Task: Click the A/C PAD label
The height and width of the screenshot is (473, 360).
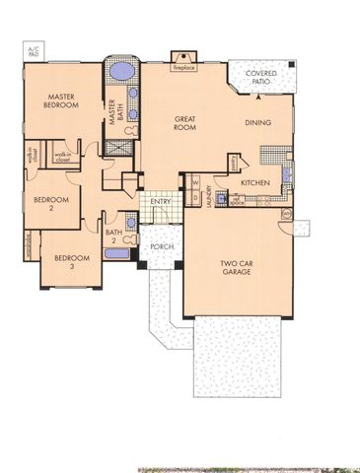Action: click(33, 50)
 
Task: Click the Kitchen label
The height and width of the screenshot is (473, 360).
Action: click(255, 183)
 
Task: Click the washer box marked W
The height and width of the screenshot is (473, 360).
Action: click(194, 183)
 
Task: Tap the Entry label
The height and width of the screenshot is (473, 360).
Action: click(160, 201)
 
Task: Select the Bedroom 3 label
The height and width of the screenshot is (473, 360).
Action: click(70, 261)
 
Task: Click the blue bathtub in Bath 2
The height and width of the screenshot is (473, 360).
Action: click(116, 254)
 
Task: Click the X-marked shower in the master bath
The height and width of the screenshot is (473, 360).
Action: click(118, 148)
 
